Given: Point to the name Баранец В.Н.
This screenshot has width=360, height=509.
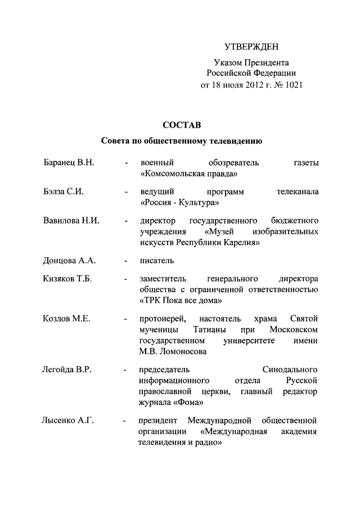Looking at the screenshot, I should coord(68,163).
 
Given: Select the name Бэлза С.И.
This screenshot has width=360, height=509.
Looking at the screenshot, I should coord(64,191).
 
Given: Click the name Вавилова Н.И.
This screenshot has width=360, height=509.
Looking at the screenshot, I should coord(71,220).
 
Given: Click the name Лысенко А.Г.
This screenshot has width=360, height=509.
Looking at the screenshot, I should coord(66,420).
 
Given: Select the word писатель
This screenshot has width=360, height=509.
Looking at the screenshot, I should coord(157,260).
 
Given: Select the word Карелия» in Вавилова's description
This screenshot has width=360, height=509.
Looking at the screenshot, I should coord(243,242).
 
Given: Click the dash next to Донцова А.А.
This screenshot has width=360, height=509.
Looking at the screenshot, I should coord(127,260).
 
